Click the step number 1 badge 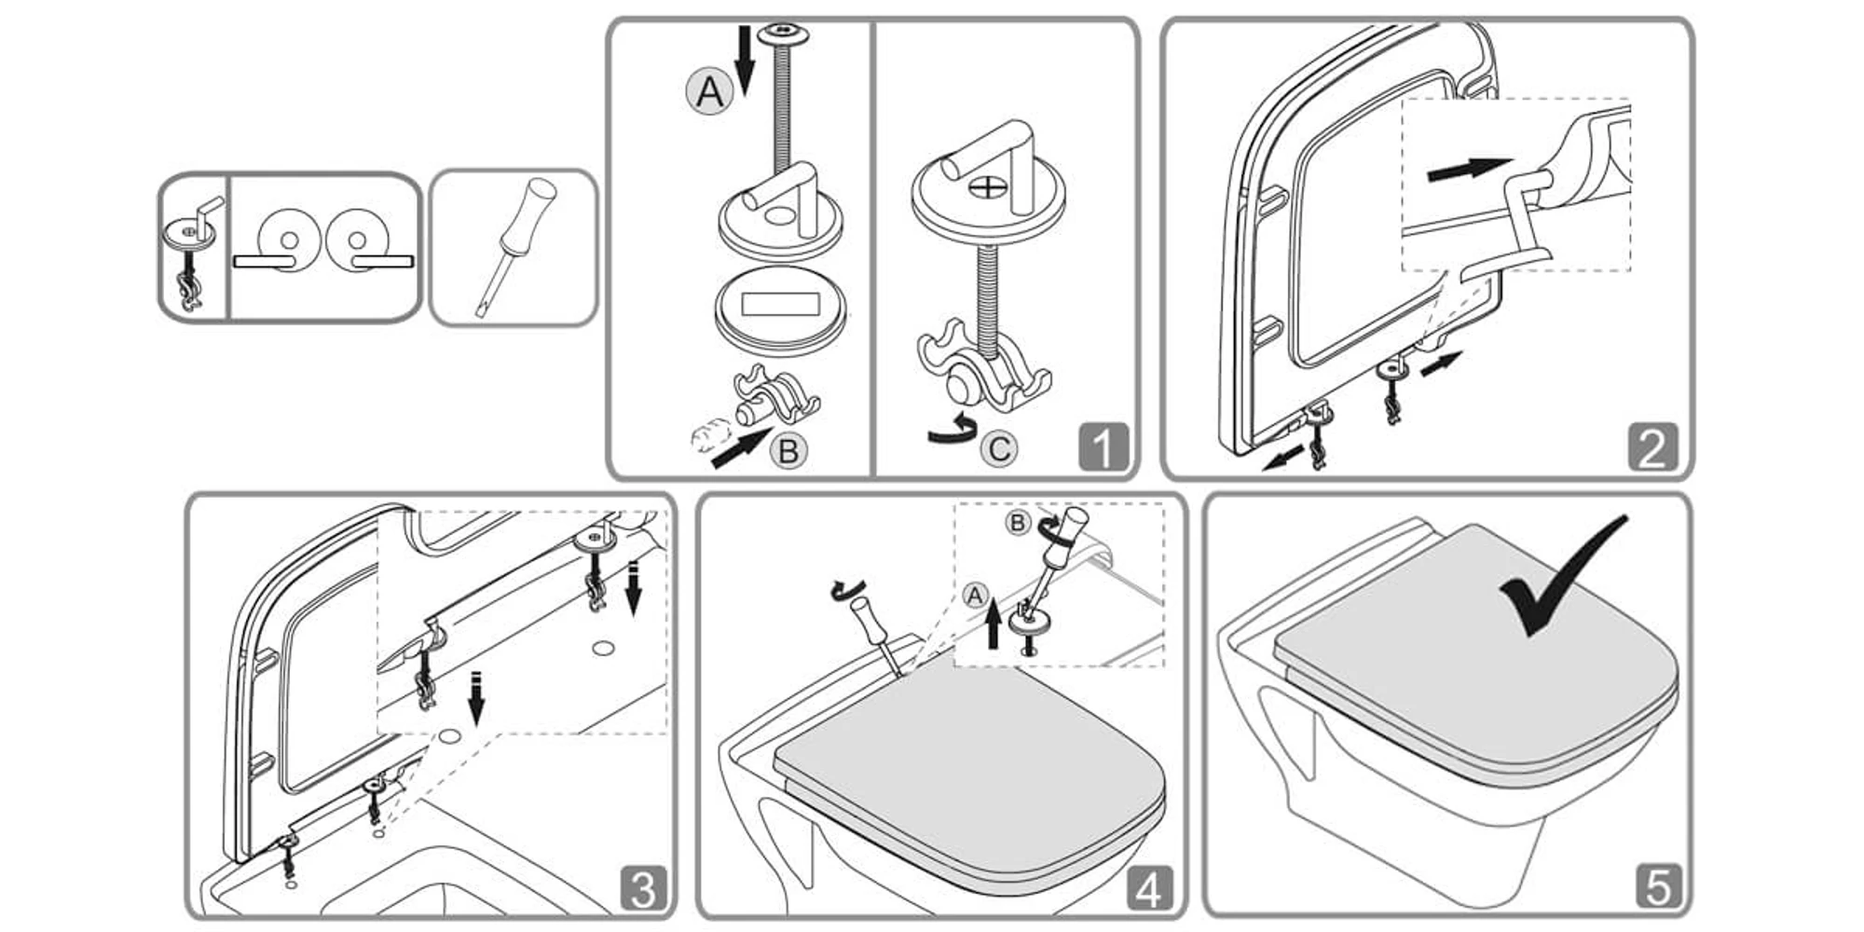pyautogui.click(x=1103, y=448)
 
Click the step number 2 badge pyautogui.click(x=1652, y=448)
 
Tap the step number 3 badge pyautogui.click(x=644, y=888)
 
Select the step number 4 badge pyautogui.click(x=1149, y=888)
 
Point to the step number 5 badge pyautogui.click(x=1658, y=886)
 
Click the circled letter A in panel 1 pyautogui.click(x=710, y=92)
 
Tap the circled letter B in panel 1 pyautogui.click(x=788, y=451)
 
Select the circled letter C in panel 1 pyautogui.click(x=999, y=449)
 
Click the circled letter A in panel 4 pyautogui.click(x=975, y=595)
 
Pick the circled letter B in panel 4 pyautogui.click(x=1017, y=522)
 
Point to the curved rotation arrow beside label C pyautogui.click(x=953, y=432)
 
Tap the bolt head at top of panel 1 pyautogui.click(x=783, y=35)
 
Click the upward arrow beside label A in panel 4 pyautogui.click(x=994, y=624)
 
